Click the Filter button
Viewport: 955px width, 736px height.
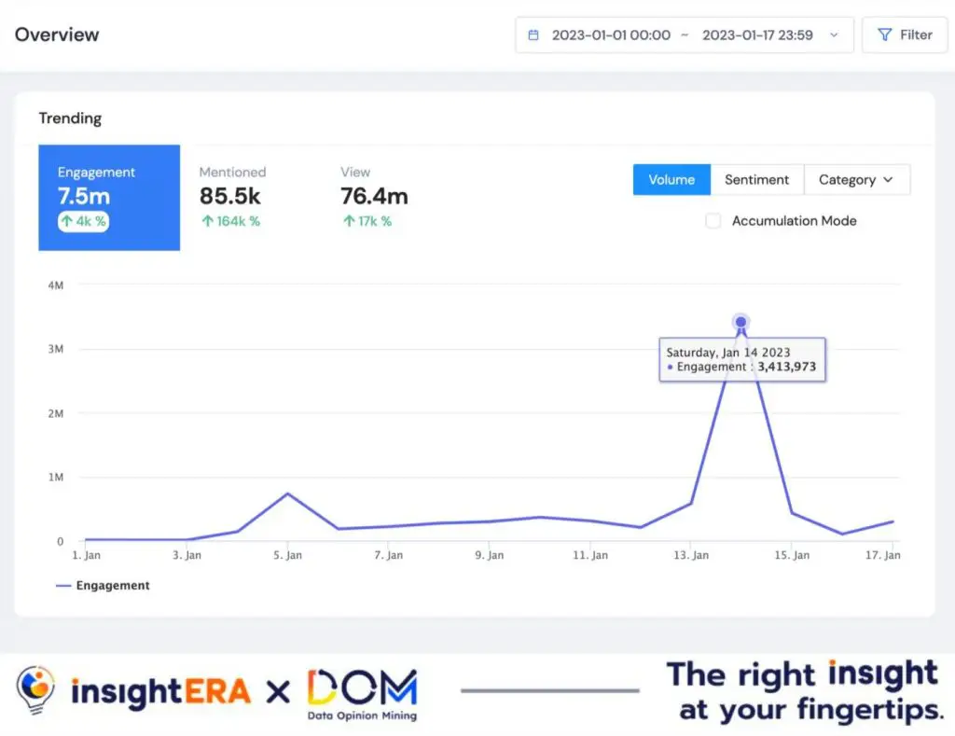(x=904, y=35)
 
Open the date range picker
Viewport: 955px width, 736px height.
(x=684, y=35)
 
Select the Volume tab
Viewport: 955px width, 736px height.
(x=671, y=179)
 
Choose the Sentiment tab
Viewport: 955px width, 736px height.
(x=756, y=179)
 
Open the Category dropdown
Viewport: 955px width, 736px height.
(x=856, y=179)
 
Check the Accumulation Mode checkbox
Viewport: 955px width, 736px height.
(x=713, y=221)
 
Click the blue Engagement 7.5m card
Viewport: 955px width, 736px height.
(x=108, y=197)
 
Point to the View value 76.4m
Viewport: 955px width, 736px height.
(x=374, y=196)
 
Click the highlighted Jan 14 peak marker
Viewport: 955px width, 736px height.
(x=740, y=322)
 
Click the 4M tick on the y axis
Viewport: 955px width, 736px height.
(x=55, y=285)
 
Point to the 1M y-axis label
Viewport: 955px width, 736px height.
(x=55, y=478)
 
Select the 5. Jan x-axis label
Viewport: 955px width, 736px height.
(x=287, y=556)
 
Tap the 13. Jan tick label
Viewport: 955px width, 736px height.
(x=690, y=556)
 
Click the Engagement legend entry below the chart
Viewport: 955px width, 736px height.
(x=103, y=586)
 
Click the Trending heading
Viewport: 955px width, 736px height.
(x=70, y=118)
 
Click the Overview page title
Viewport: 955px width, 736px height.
(x=57, y=35)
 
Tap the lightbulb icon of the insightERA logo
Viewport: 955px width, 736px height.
(x=35, y=690)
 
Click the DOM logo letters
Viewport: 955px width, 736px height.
(x=361, y=687)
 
